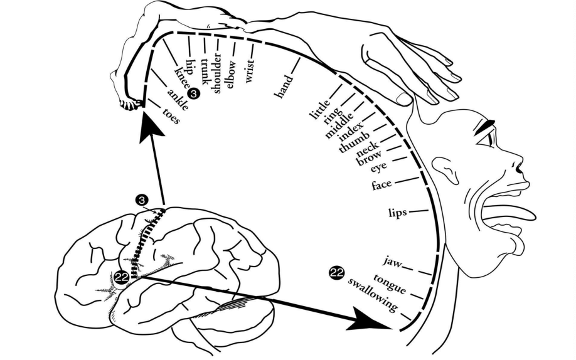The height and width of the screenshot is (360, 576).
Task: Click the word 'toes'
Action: pyautogui.click(x=171, y=115)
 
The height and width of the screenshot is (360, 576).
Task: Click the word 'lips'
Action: pyautogui.click(x=398, y=213)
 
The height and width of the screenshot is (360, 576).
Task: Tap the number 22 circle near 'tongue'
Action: pyautogui.click(x=337, y=273)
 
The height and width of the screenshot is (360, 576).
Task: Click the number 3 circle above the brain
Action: pyautogui.click(x=141, y=200)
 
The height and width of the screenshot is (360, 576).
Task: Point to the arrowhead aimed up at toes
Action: pyautogui.click(x=148, y=126)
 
